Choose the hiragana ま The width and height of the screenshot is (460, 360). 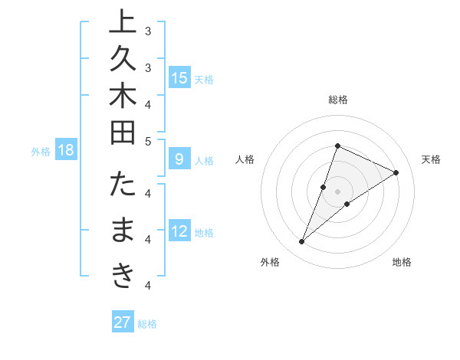[122, 231]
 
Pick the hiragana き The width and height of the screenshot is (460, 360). [122, 277]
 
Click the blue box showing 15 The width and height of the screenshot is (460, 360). [179, 78]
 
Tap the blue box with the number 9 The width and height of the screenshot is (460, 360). [179, 160]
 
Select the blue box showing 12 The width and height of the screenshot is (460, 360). [179, 232]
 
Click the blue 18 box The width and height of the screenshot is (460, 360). [66, 151]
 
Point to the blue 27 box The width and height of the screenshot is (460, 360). [123, 322]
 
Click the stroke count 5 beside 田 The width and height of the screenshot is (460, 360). [148, 142]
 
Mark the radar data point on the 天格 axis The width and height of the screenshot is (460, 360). [396, 173]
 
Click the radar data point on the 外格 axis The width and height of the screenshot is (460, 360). [302, 242]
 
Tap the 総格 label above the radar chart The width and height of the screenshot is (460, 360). [338, 100]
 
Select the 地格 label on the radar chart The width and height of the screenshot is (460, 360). [402, 263]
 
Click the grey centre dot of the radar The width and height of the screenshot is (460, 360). [338, 191]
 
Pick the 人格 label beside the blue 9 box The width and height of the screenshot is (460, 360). [204, 161]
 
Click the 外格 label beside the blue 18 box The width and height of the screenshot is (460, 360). [41, 152]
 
